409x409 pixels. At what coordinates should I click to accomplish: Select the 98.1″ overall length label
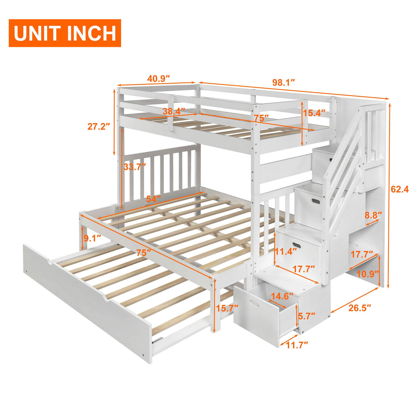(x=284, y=83)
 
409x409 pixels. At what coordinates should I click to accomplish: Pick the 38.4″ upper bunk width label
(x=174, y=111)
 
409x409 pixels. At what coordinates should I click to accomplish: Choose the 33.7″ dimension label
(x=135, y=166)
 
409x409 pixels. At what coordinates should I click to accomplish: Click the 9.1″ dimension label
(x=92, y=239)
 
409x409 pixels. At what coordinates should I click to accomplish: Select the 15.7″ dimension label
(x=227, y=307)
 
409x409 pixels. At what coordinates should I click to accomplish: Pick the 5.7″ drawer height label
(x=307, y=316)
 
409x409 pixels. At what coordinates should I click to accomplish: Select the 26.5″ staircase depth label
(x=359, y=308)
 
